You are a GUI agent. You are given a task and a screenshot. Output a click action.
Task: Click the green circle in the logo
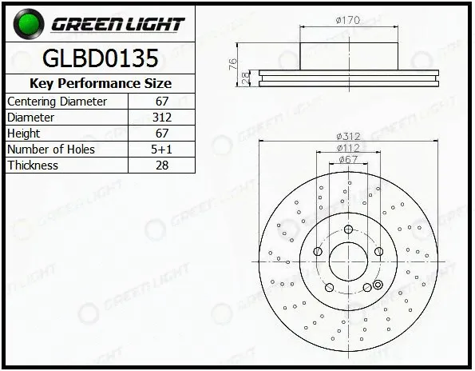tap(29, 24)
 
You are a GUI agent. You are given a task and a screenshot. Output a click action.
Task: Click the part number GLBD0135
tap(101, 58)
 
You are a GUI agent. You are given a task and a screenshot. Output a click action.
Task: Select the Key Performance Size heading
tap(101, 83)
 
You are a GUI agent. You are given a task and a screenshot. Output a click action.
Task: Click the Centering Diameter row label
tap(57, 102)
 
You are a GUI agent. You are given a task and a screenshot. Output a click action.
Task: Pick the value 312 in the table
tap(162, 118)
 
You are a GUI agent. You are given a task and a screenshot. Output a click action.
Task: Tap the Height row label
tap(23, 134)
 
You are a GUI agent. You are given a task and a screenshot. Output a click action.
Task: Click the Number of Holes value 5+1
tap(161, 150)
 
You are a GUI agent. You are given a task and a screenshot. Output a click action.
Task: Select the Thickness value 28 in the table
tap(162, 166)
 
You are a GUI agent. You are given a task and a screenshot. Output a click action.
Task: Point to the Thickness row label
tap(33, 166)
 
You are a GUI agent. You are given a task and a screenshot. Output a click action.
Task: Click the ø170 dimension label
tap(348, 20)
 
